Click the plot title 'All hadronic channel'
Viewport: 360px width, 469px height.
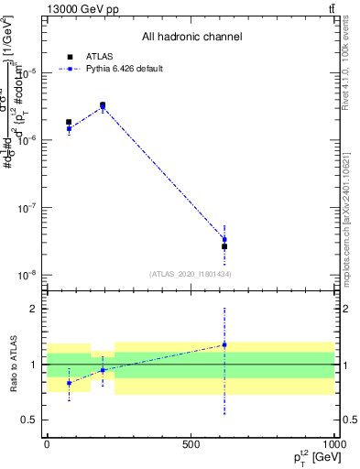[x=191, y=38]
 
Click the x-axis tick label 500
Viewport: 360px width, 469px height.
[x=191, y=442]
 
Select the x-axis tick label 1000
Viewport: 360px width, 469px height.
[x=332, y=442]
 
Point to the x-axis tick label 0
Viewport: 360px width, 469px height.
[x=47, y=442]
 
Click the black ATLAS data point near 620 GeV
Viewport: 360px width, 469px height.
[x=224, y=246]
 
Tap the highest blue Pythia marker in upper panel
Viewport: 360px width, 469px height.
[x=103, y=107]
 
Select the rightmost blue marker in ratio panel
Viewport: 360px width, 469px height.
[x=224, y=344]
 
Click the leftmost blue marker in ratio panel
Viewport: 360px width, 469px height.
[x=69, y=383]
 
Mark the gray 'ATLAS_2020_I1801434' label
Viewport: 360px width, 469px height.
[x=190, y=274]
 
